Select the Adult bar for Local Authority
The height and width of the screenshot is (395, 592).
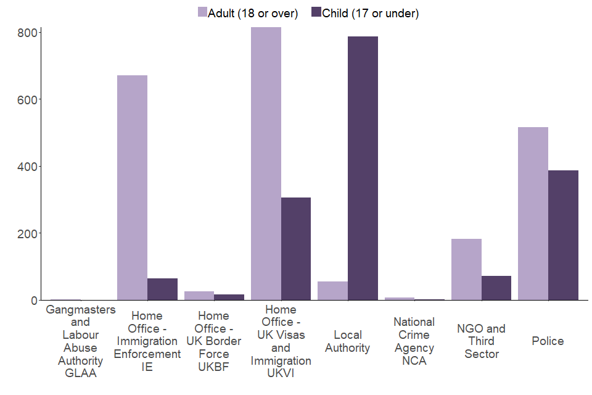[332, 291]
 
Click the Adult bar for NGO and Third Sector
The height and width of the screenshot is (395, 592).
[466, 269]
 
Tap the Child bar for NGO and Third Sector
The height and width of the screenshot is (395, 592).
[496, 288]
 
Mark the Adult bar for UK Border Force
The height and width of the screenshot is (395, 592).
[199, 296]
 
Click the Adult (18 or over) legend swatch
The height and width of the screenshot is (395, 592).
[202, 12]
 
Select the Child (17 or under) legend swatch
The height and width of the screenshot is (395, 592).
[316, 12]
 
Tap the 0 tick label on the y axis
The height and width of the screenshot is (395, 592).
[34, 301]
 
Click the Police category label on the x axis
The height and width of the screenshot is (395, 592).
[548, 341]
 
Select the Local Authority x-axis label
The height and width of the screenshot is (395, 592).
[348, 341]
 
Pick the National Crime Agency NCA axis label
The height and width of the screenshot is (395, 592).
[414, 341]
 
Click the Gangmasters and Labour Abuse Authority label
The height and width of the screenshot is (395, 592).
[80, 341]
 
